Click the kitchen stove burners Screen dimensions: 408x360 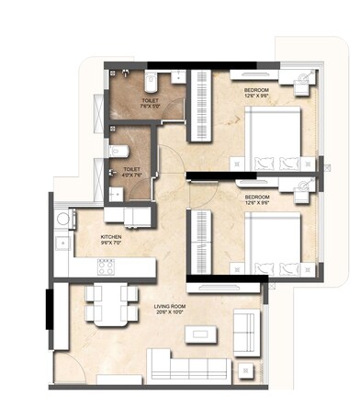click(106, 269)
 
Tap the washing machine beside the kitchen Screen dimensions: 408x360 click(64, 220)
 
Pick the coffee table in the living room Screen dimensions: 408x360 click(202, 334)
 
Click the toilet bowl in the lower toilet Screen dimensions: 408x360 click(113, 149)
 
